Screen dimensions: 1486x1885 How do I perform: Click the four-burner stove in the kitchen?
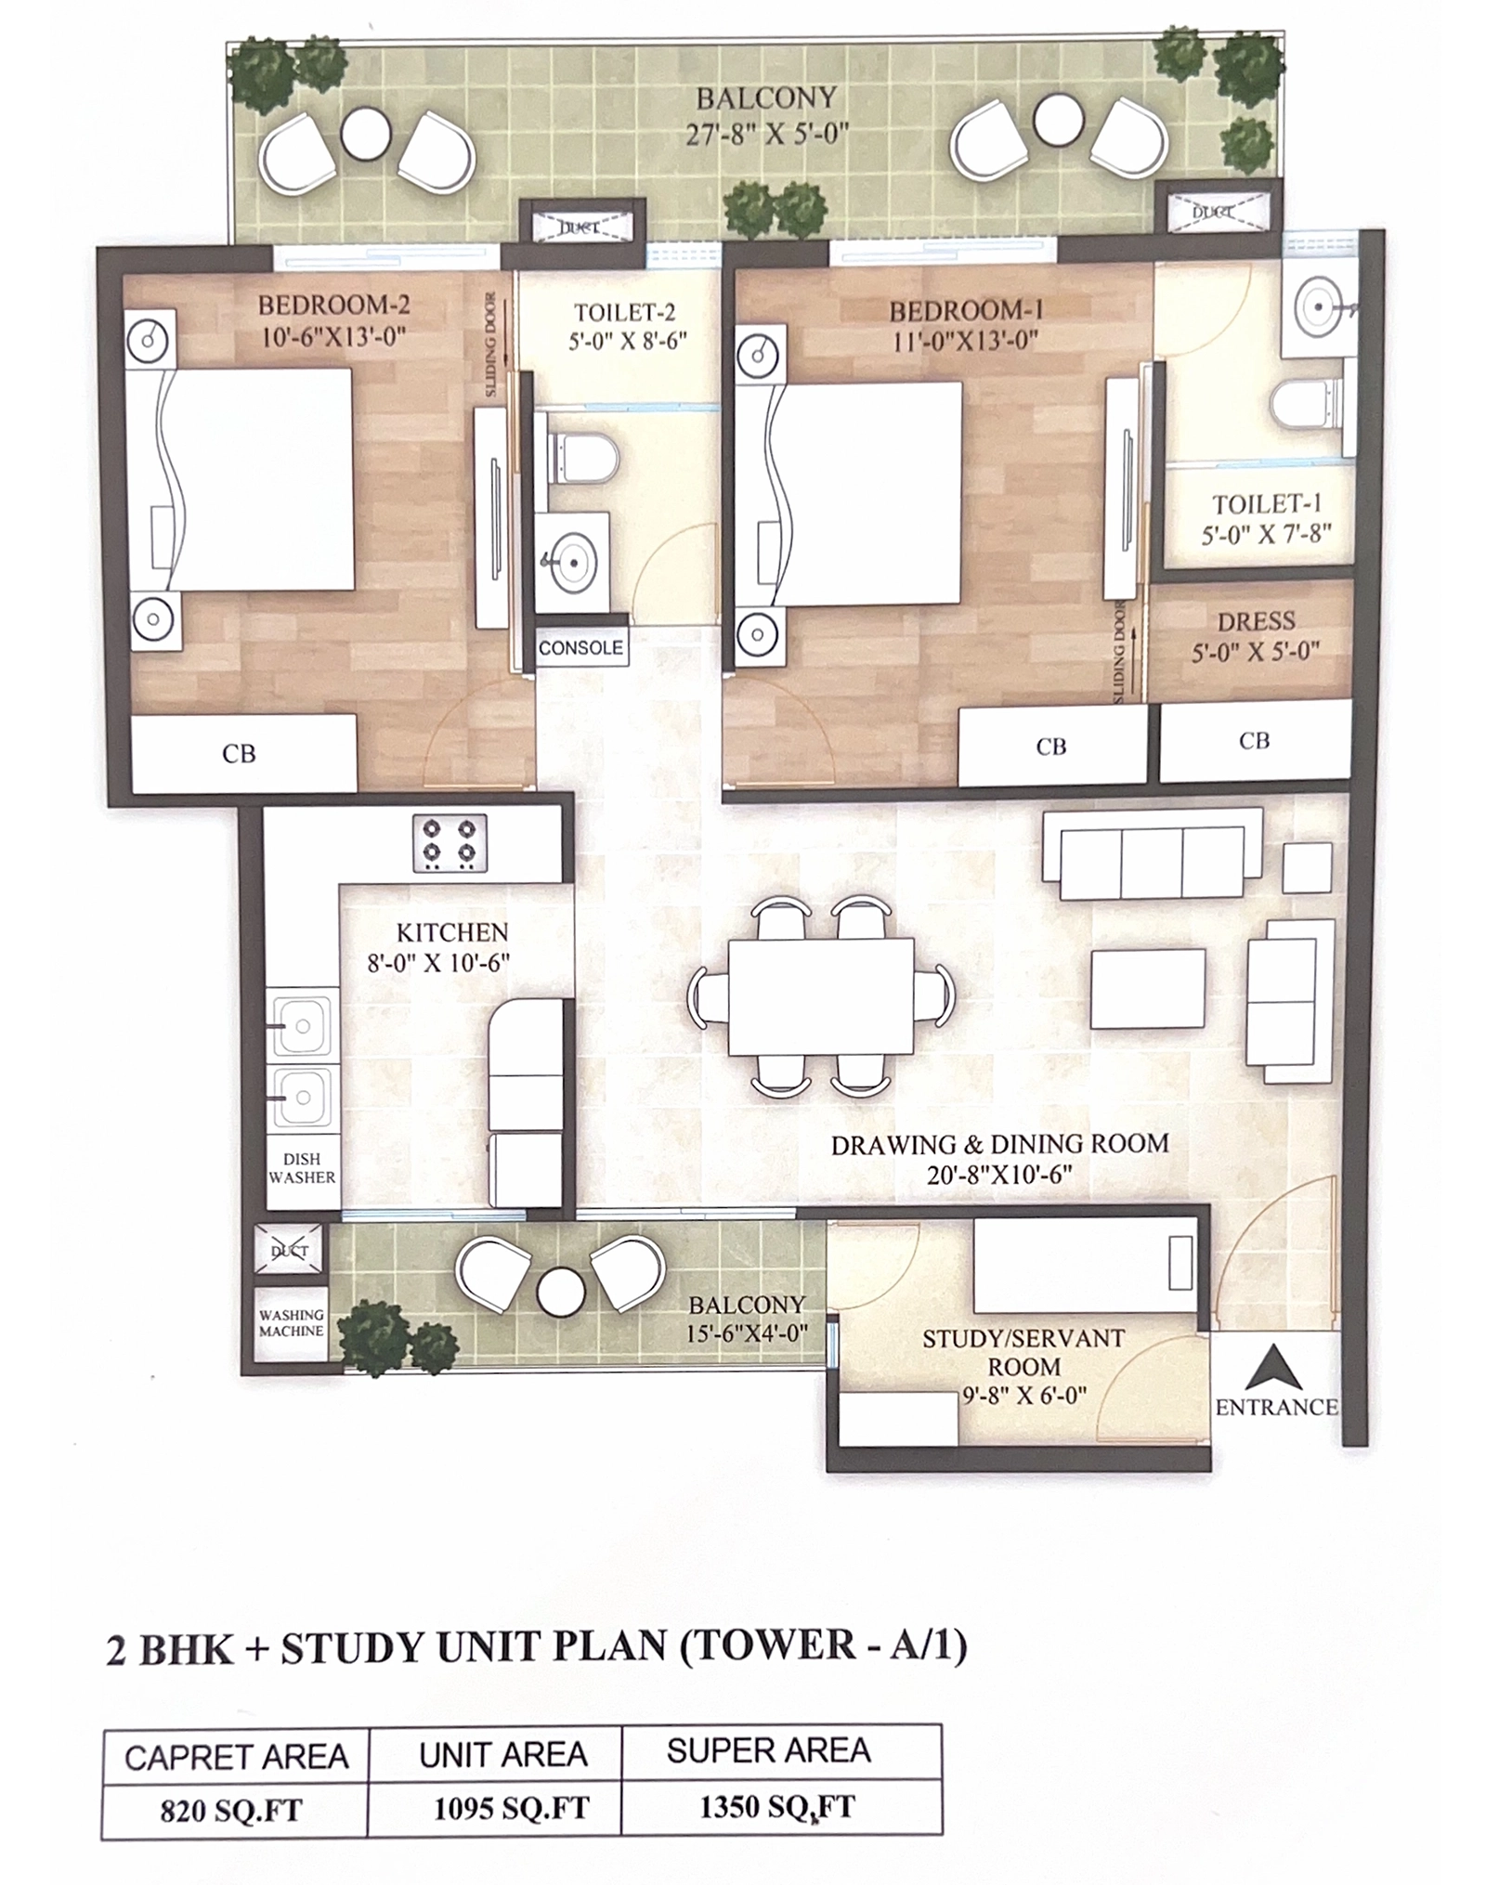tap(450, 842)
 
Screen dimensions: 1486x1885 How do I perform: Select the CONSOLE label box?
tap(581, 648)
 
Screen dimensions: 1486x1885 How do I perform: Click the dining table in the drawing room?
tap(820, 997)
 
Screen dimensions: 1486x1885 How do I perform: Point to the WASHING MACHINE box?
tap(292, 1322)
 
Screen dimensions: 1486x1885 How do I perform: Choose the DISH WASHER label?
tap(302, 1168)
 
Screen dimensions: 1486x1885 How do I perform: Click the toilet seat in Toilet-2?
tap(582, 457)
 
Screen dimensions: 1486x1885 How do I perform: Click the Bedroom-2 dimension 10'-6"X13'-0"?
tap(334, 336)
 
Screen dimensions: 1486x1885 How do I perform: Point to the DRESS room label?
tap(1256, 621)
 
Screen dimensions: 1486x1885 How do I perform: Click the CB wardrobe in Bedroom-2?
tap(243, 753)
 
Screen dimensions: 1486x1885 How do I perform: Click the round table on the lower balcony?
tap(561, 1292)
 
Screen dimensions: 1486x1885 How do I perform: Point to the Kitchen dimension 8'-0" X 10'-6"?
tap(438, 962)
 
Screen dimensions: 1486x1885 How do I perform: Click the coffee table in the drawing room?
tap(1148, 989)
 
